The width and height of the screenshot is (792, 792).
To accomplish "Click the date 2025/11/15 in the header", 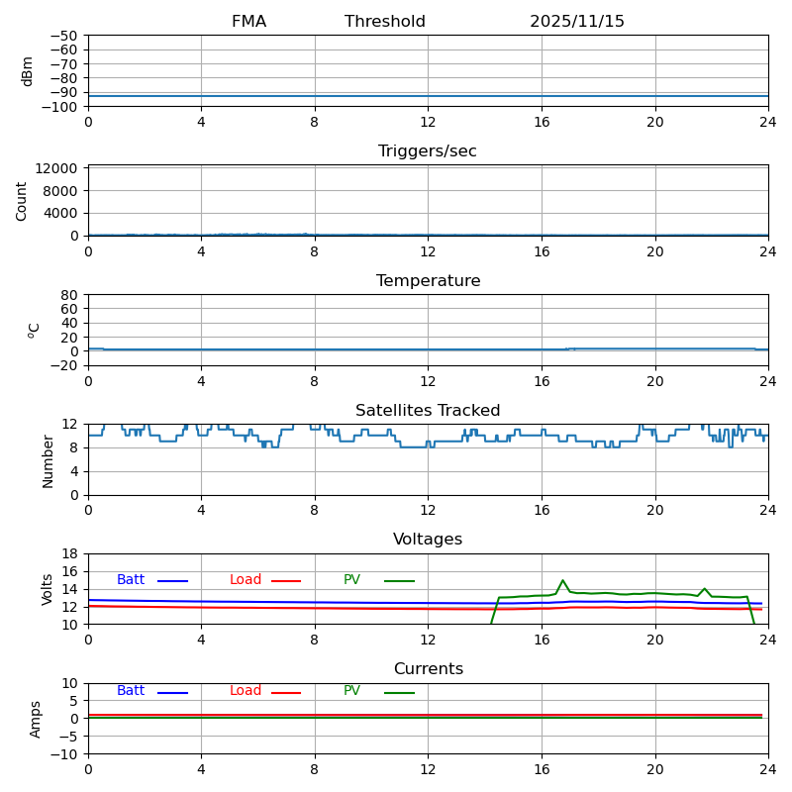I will (x=577, y=22).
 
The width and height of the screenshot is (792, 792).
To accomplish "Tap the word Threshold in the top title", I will (x=385, y=22).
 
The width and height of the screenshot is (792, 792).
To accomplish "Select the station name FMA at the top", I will (x=248, y=22).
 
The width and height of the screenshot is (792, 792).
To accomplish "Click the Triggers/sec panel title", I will (x=428, y=151).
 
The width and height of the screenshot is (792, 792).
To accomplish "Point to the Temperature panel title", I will (x=428, y=281).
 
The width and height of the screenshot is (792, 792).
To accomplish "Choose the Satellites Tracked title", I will (x=428, y=411).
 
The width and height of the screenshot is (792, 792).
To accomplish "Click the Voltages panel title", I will (x=428, y=540).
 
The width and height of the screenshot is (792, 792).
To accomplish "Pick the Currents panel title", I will (x=428, y=669).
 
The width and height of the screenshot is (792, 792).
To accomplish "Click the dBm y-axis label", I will (x=28, y=70).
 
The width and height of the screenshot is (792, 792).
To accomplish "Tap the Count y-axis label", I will (x=22, y=200).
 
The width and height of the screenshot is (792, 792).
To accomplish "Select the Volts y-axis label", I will (x=48, y=589).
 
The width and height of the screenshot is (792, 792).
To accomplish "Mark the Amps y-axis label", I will (x=36, y=719).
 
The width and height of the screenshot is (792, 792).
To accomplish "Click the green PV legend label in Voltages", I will (x=351, y=580).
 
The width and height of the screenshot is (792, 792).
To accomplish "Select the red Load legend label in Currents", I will (x=246, y=691).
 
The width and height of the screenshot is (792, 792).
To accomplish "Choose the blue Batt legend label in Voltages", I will (x=131, y=580).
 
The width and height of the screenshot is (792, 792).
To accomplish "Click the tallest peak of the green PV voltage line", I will (x=562, y=580).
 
